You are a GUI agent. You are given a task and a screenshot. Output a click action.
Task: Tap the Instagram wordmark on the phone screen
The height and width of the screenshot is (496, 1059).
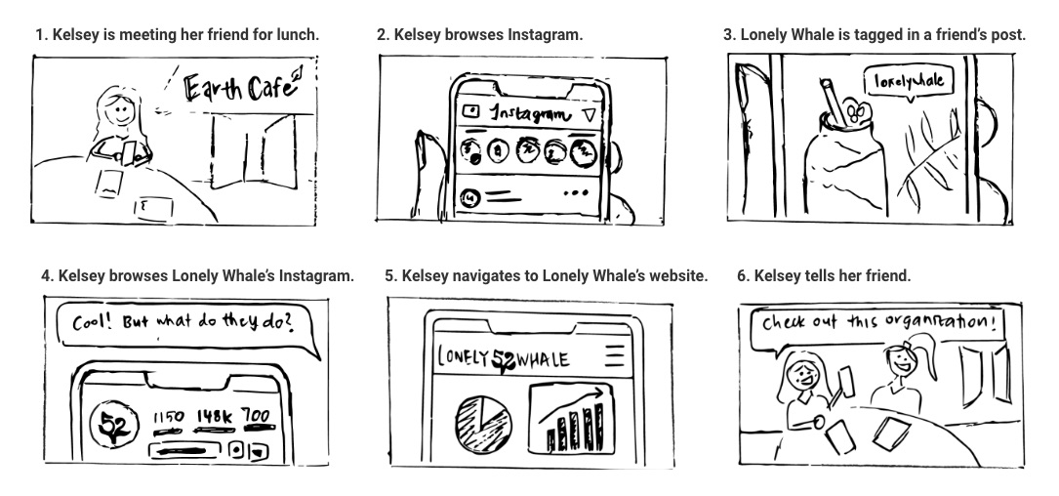click(530, 114)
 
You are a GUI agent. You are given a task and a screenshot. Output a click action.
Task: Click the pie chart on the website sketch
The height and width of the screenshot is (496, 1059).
click(482, 417)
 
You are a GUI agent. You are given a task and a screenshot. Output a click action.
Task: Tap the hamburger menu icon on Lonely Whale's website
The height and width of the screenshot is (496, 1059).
click(614, 355)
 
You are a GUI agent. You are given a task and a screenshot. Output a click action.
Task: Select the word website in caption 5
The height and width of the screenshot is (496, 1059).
click(672, 276)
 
